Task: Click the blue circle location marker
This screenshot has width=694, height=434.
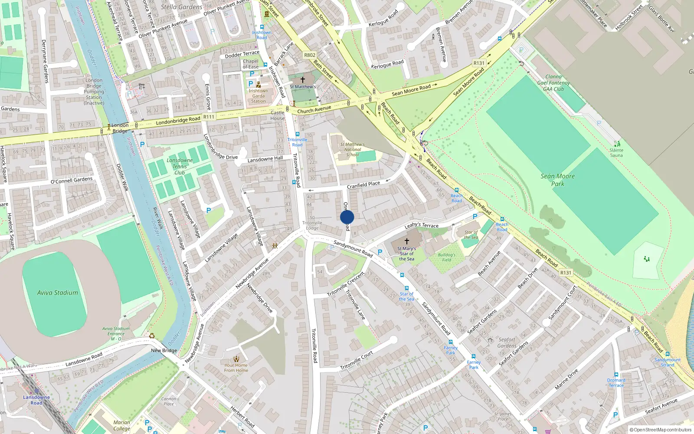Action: (x=347, y=217)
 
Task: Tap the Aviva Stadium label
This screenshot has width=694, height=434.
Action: (x=58, y=293)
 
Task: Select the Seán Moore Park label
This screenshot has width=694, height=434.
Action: (x=558, y=180)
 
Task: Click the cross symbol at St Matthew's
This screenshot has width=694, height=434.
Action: (x=303, y=79)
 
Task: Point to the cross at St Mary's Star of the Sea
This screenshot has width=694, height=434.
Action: (x=407, y=241)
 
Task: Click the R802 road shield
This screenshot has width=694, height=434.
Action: (x=310, y=55)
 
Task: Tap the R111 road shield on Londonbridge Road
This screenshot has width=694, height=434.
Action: (x=209, y=117)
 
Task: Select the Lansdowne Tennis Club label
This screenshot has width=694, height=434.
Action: (x=180, y=166)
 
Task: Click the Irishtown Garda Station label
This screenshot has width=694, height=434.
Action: (x=259, y=96)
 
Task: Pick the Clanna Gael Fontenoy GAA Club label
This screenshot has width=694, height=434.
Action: (x=553, y=83)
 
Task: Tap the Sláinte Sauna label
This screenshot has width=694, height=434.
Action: (x=616, y=153)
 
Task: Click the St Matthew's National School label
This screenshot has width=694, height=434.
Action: (x=352, y=149)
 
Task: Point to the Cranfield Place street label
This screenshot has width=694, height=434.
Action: (x=363, y=185)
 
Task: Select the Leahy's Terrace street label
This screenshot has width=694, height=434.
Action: (x=422, y=225)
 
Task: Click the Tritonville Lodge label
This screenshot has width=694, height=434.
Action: (x=312, y=225)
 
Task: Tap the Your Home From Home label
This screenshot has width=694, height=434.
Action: (x=236, y=368)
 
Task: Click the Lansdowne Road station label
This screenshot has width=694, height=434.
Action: (x=36, y=400)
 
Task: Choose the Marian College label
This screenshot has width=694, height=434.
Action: (x=121, y=425)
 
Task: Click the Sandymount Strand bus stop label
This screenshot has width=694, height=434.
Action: (x=668, y=362)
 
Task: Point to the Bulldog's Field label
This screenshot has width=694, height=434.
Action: (x=447, y=257)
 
